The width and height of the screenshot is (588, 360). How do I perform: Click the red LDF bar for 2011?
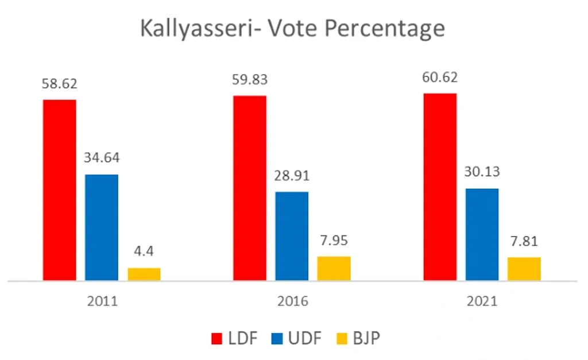click(x=59, y=190)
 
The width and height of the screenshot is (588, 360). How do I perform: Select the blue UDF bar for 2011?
click(x=102, y=227)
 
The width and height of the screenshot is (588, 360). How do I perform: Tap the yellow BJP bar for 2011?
click(x=144, y=274)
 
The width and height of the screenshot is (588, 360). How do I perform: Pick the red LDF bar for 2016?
click(x=249, y=188)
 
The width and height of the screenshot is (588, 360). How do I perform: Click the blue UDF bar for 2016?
click(x=292, y=236)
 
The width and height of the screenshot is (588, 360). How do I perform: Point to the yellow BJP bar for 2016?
click(x=334, y=268)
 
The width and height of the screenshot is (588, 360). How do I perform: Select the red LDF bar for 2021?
click(x=440, y=187)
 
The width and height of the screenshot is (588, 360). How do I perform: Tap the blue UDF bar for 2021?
click(x=482, y=234)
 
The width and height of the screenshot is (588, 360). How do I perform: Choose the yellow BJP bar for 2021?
click(x=524, y=269)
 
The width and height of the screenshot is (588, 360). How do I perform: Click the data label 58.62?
click(x=59, y=84)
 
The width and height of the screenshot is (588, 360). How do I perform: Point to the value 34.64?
click(x=102, y=158)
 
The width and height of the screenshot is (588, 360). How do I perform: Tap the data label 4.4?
click(x=144, y=251)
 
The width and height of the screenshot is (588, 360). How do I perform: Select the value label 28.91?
click(x=292, y=176)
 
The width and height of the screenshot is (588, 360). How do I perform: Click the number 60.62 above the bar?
click(x=440, y=78)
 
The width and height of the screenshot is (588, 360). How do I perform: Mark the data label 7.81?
click(x=524, y=241)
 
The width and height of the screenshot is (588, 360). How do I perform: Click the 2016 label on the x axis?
click(x=292, y=301)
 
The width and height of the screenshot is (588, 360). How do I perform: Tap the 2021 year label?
click(x=482, y=301)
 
